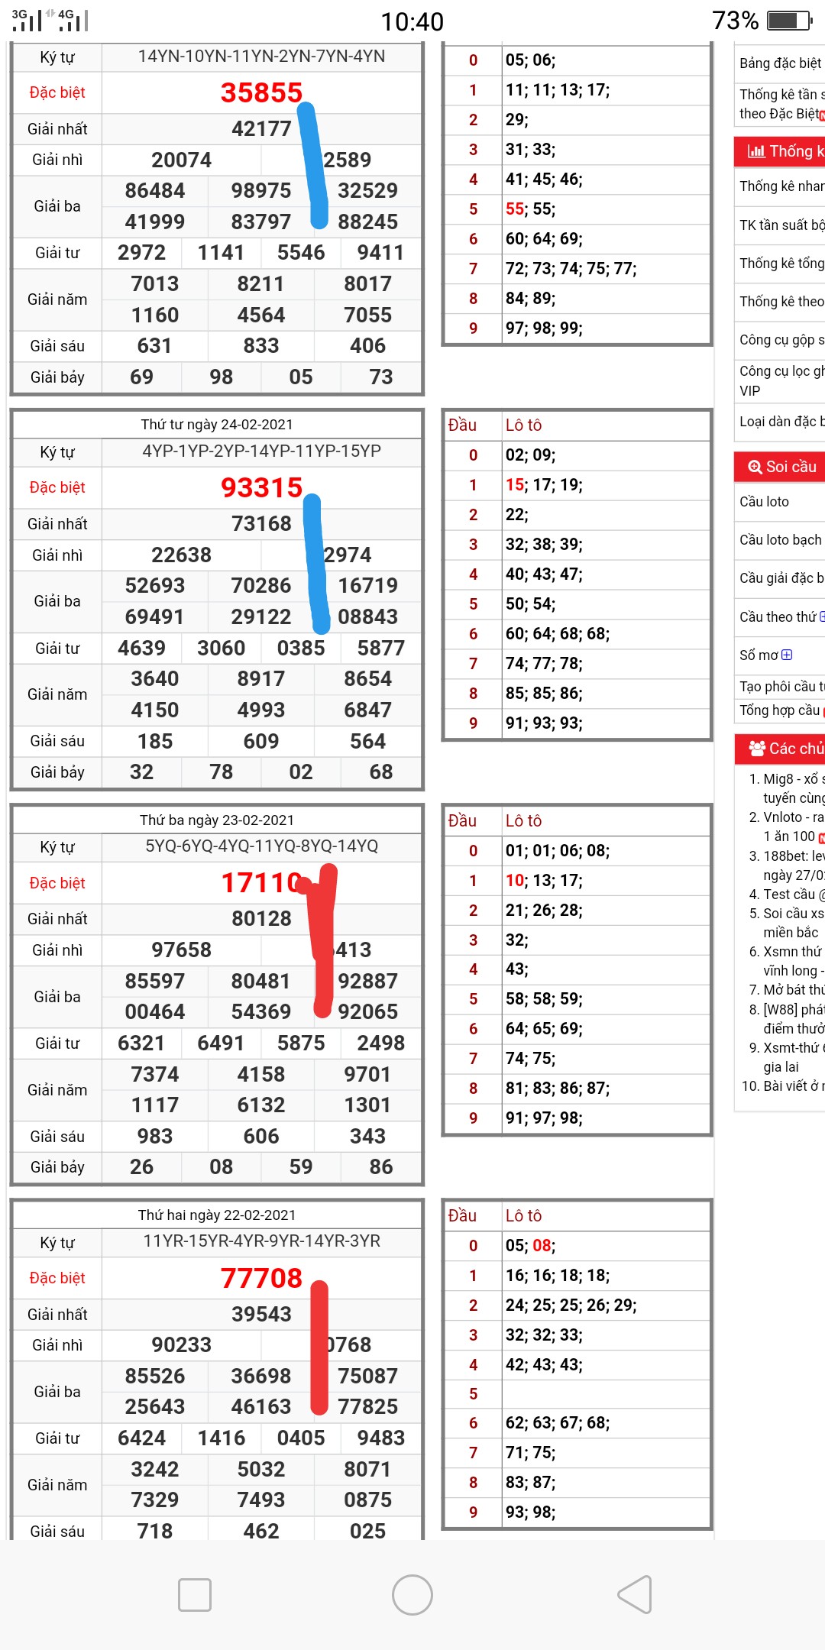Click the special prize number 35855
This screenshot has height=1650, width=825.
tap(261, 92)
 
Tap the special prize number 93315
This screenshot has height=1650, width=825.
tap(261, 487)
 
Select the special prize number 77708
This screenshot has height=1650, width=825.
tap(261, 1278)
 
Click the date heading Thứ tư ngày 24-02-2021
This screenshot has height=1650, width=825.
tap(217, 425)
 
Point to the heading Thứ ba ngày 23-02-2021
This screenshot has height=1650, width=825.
tap(217, 820)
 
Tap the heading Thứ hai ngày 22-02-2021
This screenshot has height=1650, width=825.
tap(217, 1215)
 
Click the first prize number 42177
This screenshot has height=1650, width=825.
tap(261, 128)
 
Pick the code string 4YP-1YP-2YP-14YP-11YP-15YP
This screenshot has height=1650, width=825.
tap(261, 451)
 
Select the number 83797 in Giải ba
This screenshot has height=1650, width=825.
tap(261, 222)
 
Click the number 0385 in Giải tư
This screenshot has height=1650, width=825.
tap(301, 648)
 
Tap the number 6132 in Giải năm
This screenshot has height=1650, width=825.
tap(261, 1105)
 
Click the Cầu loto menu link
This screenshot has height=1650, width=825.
tap(765, 502)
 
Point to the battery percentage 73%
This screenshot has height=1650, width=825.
tap(735, 21)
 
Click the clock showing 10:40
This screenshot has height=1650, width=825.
tap(412, 21)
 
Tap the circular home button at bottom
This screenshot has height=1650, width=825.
tap(412, 1595)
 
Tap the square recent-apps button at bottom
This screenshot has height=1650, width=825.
tap(195, 1595)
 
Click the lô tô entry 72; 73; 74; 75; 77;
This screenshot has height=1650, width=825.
tap(571, 268)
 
